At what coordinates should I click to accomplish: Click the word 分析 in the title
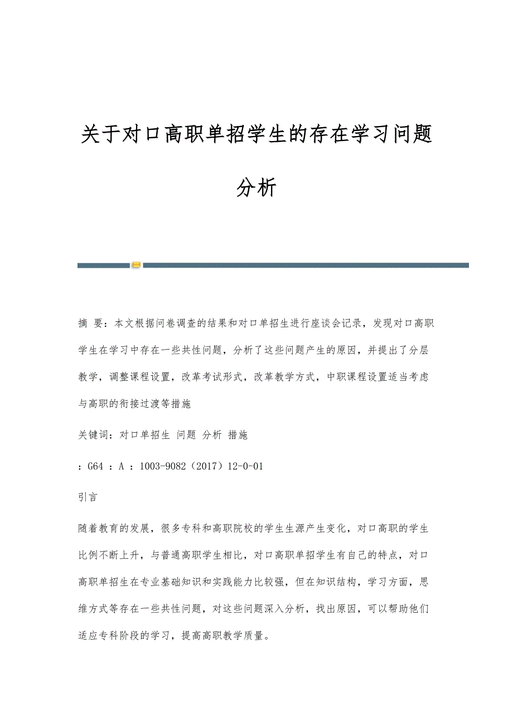click(x=256, y=188)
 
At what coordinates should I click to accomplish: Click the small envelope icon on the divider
click(x=137, y=265)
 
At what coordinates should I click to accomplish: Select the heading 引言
click(x=88, y=497)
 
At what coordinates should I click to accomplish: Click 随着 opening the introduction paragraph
click(x=89, y=528)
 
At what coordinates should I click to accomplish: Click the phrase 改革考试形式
click(x=212, y=377)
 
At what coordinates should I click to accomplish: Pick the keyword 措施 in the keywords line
click(x=238, y=435)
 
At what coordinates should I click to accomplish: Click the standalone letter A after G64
click(x=121, y=467)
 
